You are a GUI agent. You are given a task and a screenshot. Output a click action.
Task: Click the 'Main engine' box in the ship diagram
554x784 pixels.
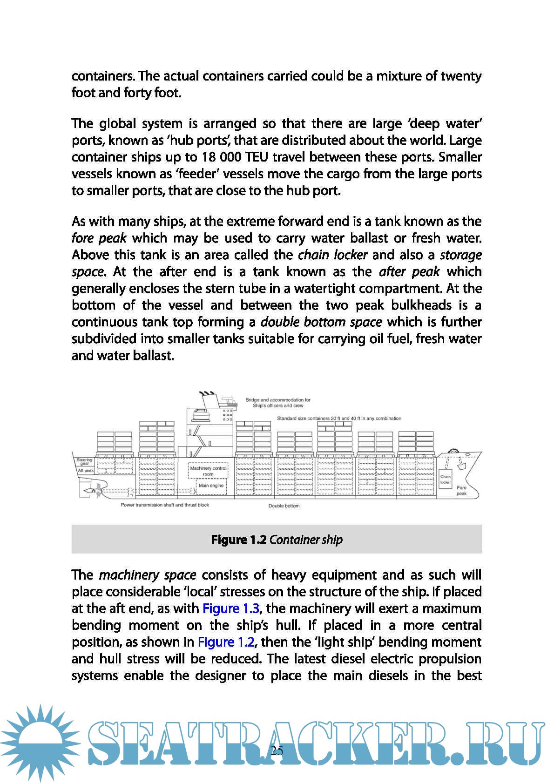pyautogui.click(x=211, y=486)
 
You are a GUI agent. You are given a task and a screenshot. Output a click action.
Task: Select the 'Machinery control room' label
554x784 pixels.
pyautogui.click(x=208, y=471)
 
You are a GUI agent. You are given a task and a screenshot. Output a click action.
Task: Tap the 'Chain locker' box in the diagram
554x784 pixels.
pyautogui.click(x=446, y=480)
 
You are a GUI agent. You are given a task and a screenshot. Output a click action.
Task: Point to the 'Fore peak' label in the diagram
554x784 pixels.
pyautogui.click(x=461, y=491)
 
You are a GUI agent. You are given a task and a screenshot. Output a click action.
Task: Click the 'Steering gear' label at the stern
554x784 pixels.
pyautogui.click(x=85, y=461)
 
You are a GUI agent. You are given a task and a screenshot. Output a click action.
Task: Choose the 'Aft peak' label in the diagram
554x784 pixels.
pyautogui.click(x=86, y=471)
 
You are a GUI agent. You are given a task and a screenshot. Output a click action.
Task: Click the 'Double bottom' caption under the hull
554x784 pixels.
pyautogui.click(x=284, y=506)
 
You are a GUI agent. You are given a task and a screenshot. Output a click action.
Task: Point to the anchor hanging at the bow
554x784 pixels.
pyautogui.click(x=462, y=465)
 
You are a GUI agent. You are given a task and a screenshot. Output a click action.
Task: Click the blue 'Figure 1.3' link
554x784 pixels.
pyautogui.click(x=231, y=608)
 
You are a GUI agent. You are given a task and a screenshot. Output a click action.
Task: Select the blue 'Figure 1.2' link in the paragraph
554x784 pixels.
pyautogui.click(x=226, y=642)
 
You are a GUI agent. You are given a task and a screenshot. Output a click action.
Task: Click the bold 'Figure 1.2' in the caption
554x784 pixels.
pyautogui.click(x=239, y=540)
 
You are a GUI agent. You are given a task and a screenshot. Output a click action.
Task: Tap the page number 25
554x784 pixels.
pyautogui.click(x=277, y=750)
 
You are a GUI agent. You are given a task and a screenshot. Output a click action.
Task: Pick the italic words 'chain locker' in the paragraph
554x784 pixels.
pyautogui.click(x=332, y=255)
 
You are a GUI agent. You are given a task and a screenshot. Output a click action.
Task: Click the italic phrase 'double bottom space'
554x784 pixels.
pyautogui.click(x=321, y=322)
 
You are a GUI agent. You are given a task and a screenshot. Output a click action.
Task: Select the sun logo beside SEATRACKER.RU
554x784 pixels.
pyautogui.click(x=40, y=743)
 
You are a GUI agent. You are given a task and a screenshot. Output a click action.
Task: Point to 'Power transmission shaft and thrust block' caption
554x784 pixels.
pyautogui.click(x=165, y=505)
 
